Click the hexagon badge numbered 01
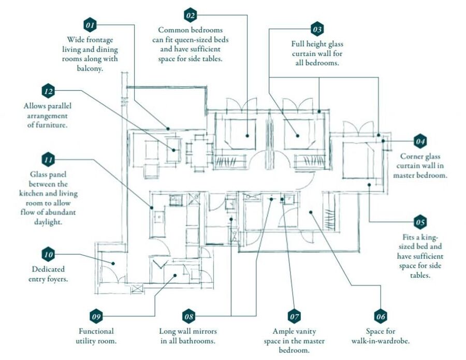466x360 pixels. pyautogui.click(x=90, y=25)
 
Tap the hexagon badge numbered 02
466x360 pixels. pyautogui.click(x=191, y=15)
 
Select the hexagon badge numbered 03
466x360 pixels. pyautogui.click(x=317, y=28)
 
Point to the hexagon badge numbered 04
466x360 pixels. pyautogui.click(x=420, y=141)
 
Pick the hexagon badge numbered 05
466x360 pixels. pyautogui.click(x=420, y=223)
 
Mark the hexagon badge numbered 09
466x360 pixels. pyautogui.click(x=96, y=316)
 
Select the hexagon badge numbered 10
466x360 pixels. pyautogui.click(x=48, y=255)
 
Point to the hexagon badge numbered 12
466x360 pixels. pyautogui.click(x=48, y=91)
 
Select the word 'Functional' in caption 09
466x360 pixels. pyautogui.click(x=96, y=331)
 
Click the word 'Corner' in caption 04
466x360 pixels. pyautogui.click(x=411, y=156)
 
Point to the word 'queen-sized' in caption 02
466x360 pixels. pyautogui.click(x=209, y=40)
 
